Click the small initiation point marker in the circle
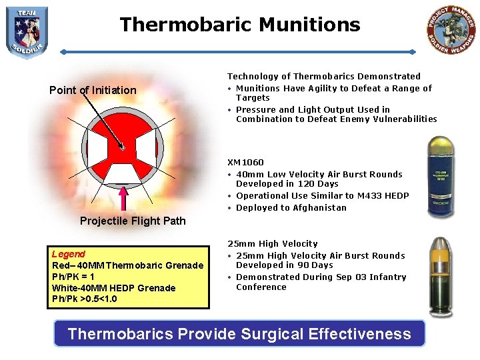[121, 147]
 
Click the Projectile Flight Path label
[133, 221]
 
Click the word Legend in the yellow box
[69, 254]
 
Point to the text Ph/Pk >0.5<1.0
[84, 299]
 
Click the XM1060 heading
[245, 162]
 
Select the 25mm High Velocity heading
[272, 243]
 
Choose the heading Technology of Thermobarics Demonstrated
[324, 77]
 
